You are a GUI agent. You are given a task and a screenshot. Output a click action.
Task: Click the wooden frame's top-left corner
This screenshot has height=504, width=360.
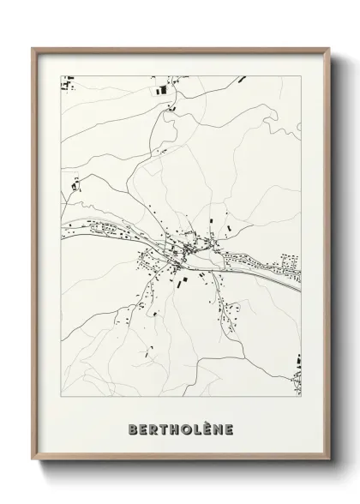point(33,48)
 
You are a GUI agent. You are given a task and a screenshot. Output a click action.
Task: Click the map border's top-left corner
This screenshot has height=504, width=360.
point(60,76)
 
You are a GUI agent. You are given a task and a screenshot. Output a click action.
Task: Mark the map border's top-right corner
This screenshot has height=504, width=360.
point(301,76)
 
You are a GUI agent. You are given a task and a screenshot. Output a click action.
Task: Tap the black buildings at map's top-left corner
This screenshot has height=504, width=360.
point(67,83)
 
